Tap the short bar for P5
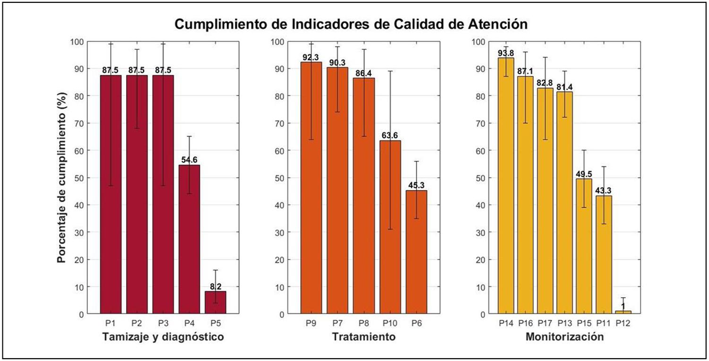click(x=215, y=302)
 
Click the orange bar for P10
click(x=390, y=227)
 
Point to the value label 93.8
click(x=506, y=53)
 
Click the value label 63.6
click(x=390, y=136)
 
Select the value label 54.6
click(x=189, y=161)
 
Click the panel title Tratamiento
click(x=363, y=337)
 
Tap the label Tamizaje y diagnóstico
click(x=163, y=337)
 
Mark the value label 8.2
click(x=215, y=287)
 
